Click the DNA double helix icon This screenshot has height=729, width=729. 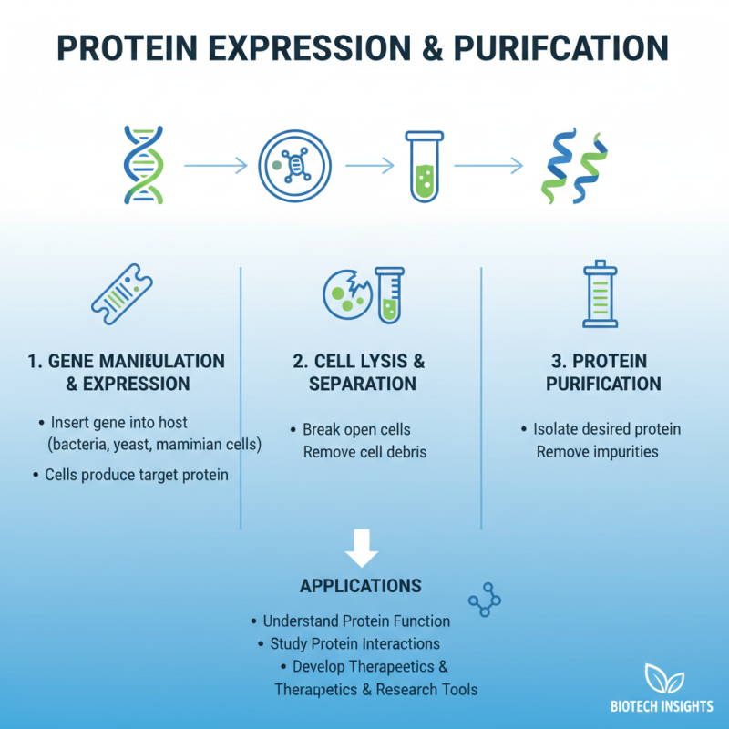click(x=144, y=164)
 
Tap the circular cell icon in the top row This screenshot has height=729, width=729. click(x=293, y=165)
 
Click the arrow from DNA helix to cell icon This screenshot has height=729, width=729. click(x=215, y=165)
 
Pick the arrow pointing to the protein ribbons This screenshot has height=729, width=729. click(x=488, y=165)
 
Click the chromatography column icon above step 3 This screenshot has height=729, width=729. click(x=600, y=295)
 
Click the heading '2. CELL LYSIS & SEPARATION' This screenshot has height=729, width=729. click(x=362, y=372)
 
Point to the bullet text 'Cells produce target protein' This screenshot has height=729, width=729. click(x=137, y=476)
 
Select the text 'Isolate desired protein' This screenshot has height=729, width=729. click(x=607, y=429)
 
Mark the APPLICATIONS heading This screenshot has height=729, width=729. click(x=361, y=585)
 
